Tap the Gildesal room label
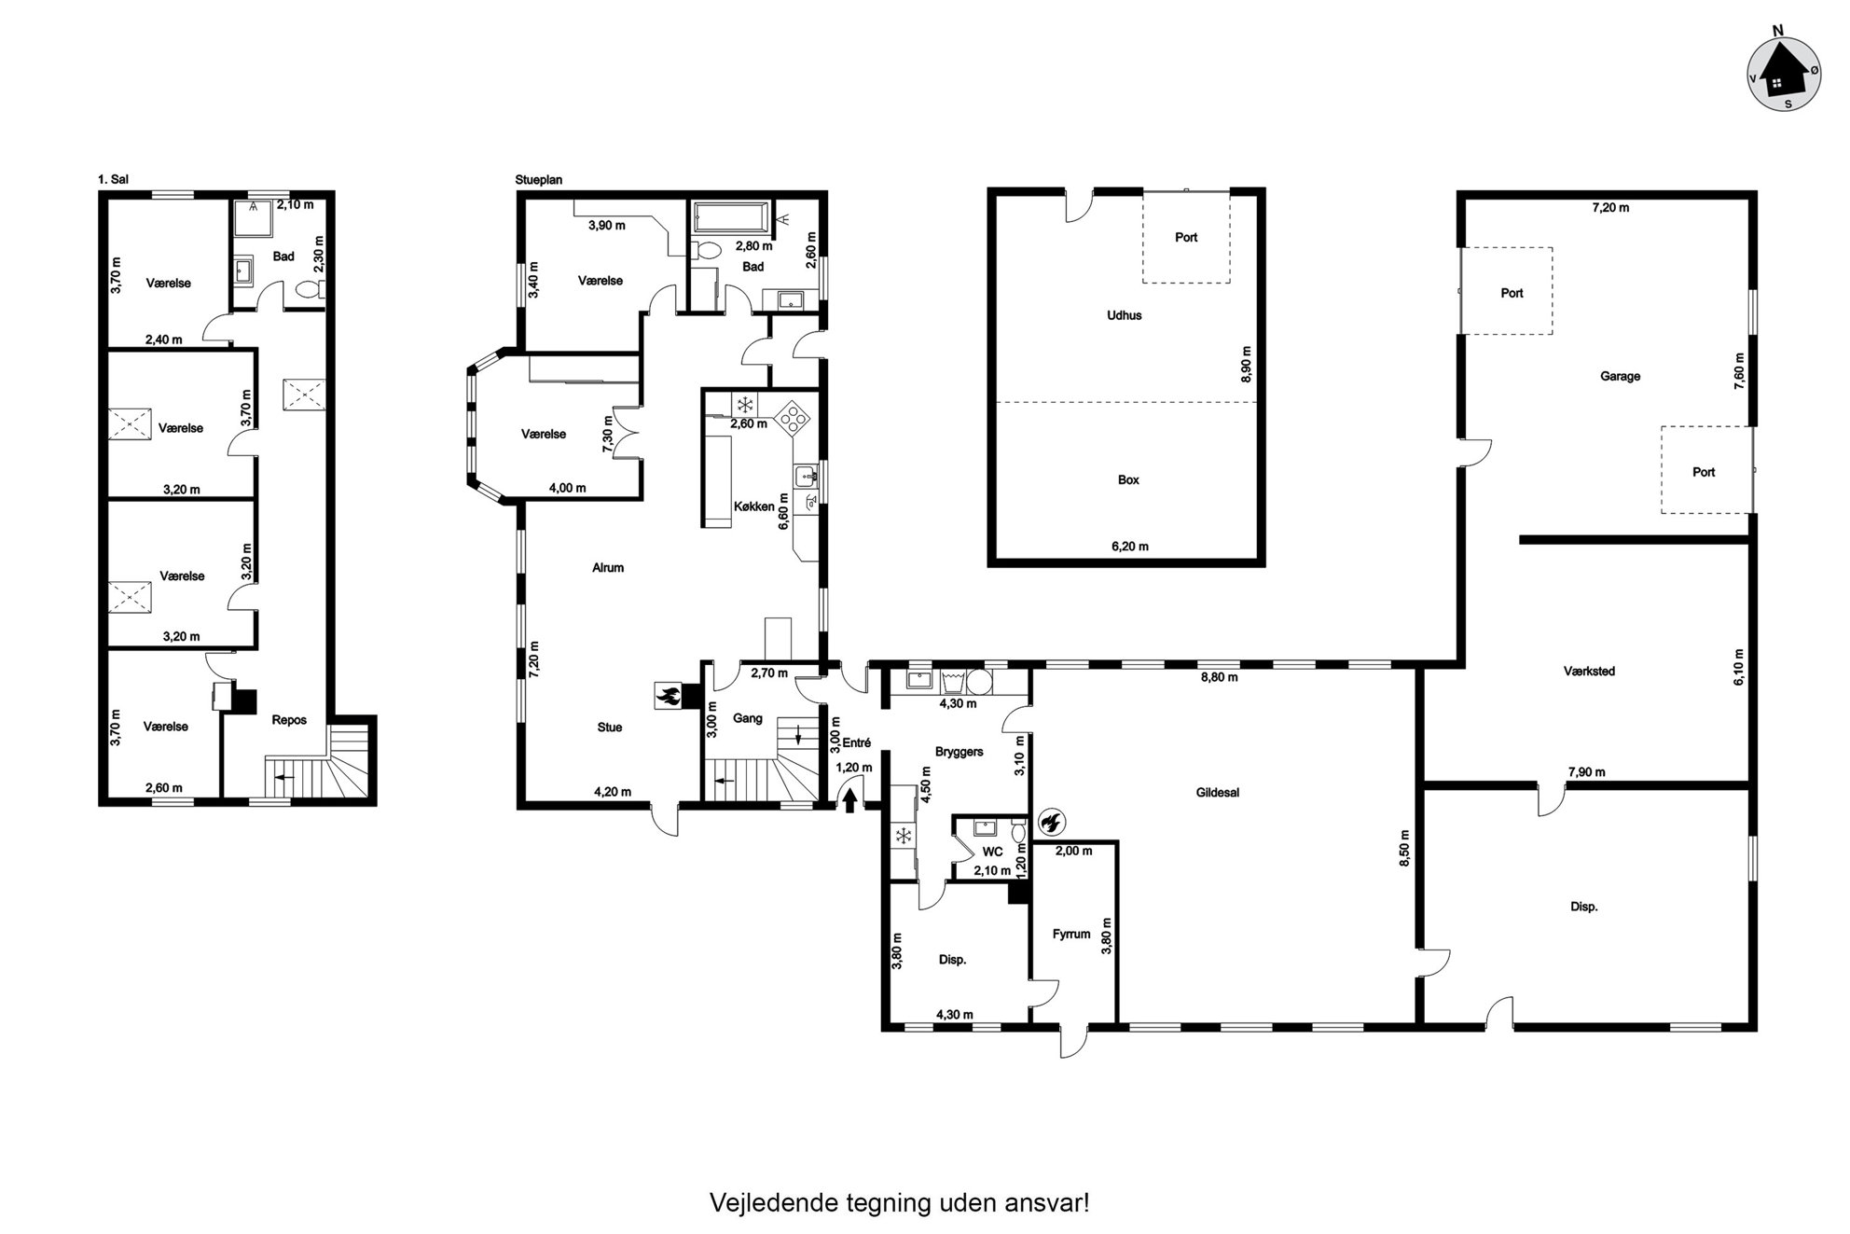(1218, 793)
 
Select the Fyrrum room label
(1071, 934)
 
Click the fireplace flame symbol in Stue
(668, 694)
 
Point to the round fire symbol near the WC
(1050, 821)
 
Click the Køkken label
(754, 506)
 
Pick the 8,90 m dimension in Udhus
(1247, 365)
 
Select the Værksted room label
(1589, 671)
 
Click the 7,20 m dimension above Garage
(1610, 208)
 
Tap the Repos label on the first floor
(289, 720)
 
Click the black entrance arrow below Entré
(850, 800)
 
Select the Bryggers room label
(959, 752)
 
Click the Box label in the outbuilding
(1128, 480)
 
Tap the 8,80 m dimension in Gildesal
(1220, 677)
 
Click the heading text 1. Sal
(113, 179)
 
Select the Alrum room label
(608, 567)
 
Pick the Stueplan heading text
(539, 180)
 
